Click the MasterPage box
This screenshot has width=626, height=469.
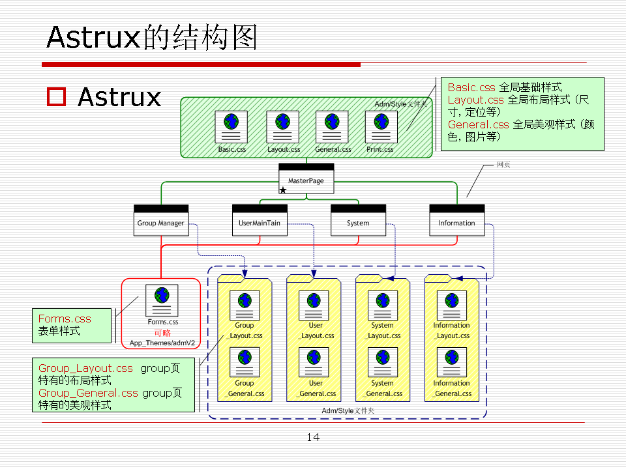click(306, 178)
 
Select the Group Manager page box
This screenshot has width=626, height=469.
click(161, 220)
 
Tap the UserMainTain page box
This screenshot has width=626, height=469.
click(260, 220)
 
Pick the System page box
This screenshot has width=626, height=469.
click(358, 220)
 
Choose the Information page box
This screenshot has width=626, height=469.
click(456, 220)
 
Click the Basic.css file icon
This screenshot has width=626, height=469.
click(231, 126)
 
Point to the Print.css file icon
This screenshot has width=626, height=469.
click(381, 126)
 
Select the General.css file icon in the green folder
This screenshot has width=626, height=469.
click(332, 126)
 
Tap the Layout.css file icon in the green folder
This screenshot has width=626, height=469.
click(283, 126)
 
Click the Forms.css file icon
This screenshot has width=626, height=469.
click(162, 301)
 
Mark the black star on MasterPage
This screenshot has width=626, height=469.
click(283, 190)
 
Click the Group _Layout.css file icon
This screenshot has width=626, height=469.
click(245, 306)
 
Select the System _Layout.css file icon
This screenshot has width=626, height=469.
click(383, 306)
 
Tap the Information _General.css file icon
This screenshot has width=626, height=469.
click(451, 363)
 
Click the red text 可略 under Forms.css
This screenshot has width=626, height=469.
click(162, 333)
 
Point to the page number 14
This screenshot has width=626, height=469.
click(313, 437)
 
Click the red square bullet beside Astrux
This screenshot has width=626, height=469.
click(57, 96)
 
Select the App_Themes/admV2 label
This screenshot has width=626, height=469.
click(162, 343)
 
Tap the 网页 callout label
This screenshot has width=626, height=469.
click(503, 165)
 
